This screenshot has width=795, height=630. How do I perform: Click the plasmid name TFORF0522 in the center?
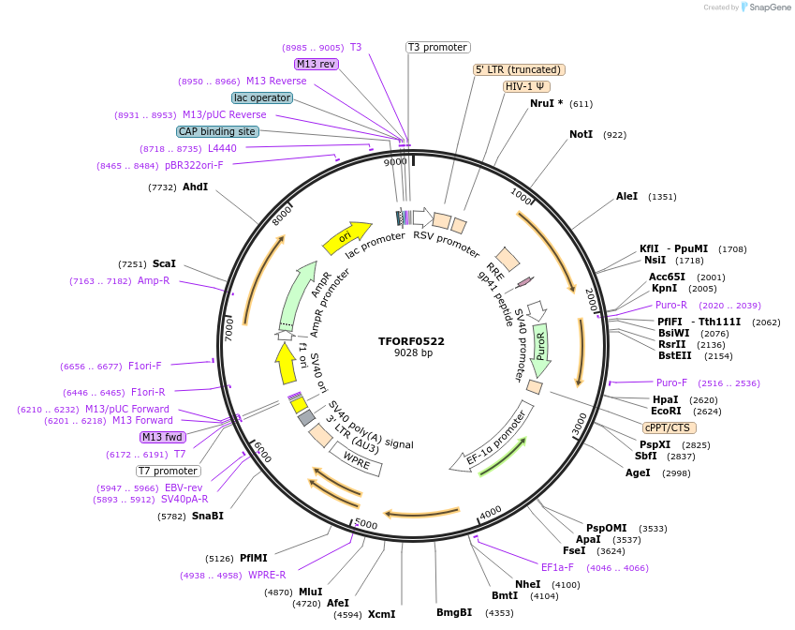point(412,341)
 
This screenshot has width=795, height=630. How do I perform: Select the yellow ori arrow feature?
point(346,239)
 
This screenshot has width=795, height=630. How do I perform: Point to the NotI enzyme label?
point(581,135)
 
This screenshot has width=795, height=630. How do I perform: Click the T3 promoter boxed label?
point(437,47)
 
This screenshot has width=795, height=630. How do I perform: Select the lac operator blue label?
point(261,97)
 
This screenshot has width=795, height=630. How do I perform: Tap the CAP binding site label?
point(217,132)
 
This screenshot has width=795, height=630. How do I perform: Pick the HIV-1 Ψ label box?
point(526,86)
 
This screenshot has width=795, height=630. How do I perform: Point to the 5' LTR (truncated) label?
point(519,69)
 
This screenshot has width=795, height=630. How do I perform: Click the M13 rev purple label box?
point(316,64)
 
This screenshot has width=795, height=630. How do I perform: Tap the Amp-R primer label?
point(154,280)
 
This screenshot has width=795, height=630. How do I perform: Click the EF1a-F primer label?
point(557,567)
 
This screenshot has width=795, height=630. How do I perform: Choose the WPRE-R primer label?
point(267,575)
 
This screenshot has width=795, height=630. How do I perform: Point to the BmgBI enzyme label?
point(454,613)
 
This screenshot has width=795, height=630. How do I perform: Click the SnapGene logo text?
point(765,7)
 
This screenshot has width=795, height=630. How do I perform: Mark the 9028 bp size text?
point(412,353)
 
